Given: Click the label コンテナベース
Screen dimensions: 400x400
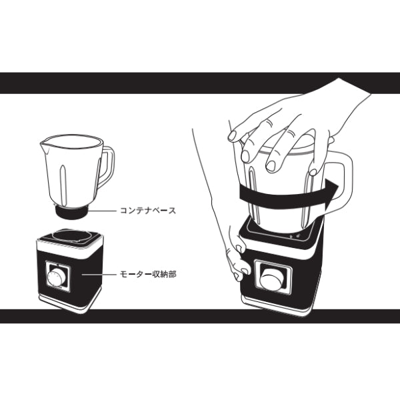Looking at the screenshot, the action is (x=148, y=211).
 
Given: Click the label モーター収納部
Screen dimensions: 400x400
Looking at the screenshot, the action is (x=148, y=275).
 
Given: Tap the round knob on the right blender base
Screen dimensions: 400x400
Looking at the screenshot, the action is (x=273, y=279).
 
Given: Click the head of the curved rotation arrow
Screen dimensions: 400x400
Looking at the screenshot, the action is (x=331, y=191).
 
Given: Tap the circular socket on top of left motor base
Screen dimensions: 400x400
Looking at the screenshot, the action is (x=72, y=235).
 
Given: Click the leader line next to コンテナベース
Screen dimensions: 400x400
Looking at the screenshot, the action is (x=103, y=211).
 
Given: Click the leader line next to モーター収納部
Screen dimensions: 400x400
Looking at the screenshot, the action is (x=99, y=275).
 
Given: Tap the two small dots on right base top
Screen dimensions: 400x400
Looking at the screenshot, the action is (x=295, y=237).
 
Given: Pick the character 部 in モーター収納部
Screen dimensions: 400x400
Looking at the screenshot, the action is (x=172, y=275).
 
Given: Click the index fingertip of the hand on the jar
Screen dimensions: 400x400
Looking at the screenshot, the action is (x=232, y=136).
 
